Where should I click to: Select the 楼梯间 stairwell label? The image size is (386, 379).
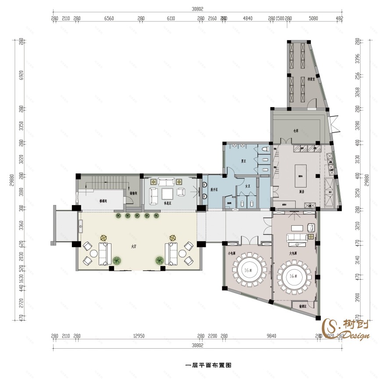click(104, 201)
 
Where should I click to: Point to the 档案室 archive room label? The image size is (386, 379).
click(312, 79)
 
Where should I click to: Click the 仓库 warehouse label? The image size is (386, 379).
click(295, 130)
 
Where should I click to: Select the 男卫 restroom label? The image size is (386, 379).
click(243, 161)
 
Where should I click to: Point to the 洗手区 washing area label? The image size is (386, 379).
click(214, 189)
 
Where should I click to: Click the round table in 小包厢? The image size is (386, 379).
click(247, 269)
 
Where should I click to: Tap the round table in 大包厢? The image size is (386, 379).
click(294, 277)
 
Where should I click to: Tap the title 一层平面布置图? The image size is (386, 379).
click(208, 365)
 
